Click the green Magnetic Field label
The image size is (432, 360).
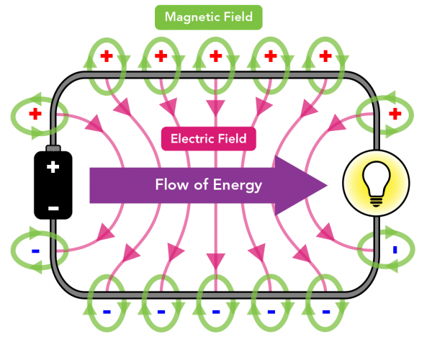coord(209,17)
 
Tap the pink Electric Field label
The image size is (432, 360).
coord(209,138)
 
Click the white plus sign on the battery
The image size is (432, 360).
coord(53,168)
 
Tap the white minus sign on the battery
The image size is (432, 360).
coord(53,207)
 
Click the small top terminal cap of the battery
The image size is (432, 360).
coord(53,148)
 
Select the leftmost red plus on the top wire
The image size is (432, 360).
coord(105,55)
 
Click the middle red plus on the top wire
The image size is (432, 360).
coord(215,55)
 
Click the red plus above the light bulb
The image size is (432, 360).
coord(395,114)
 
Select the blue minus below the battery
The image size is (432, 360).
coord(34,251)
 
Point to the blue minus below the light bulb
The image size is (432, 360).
coord(395,251)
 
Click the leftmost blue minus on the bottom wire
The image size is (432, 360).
coord(105,312)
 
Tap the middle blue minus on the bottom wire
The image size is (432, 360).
coord(215,312)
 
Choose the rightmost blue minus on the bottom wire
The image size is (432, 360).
coord(325,312)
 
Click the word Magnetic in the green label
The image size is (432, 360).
coord(191,17)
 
